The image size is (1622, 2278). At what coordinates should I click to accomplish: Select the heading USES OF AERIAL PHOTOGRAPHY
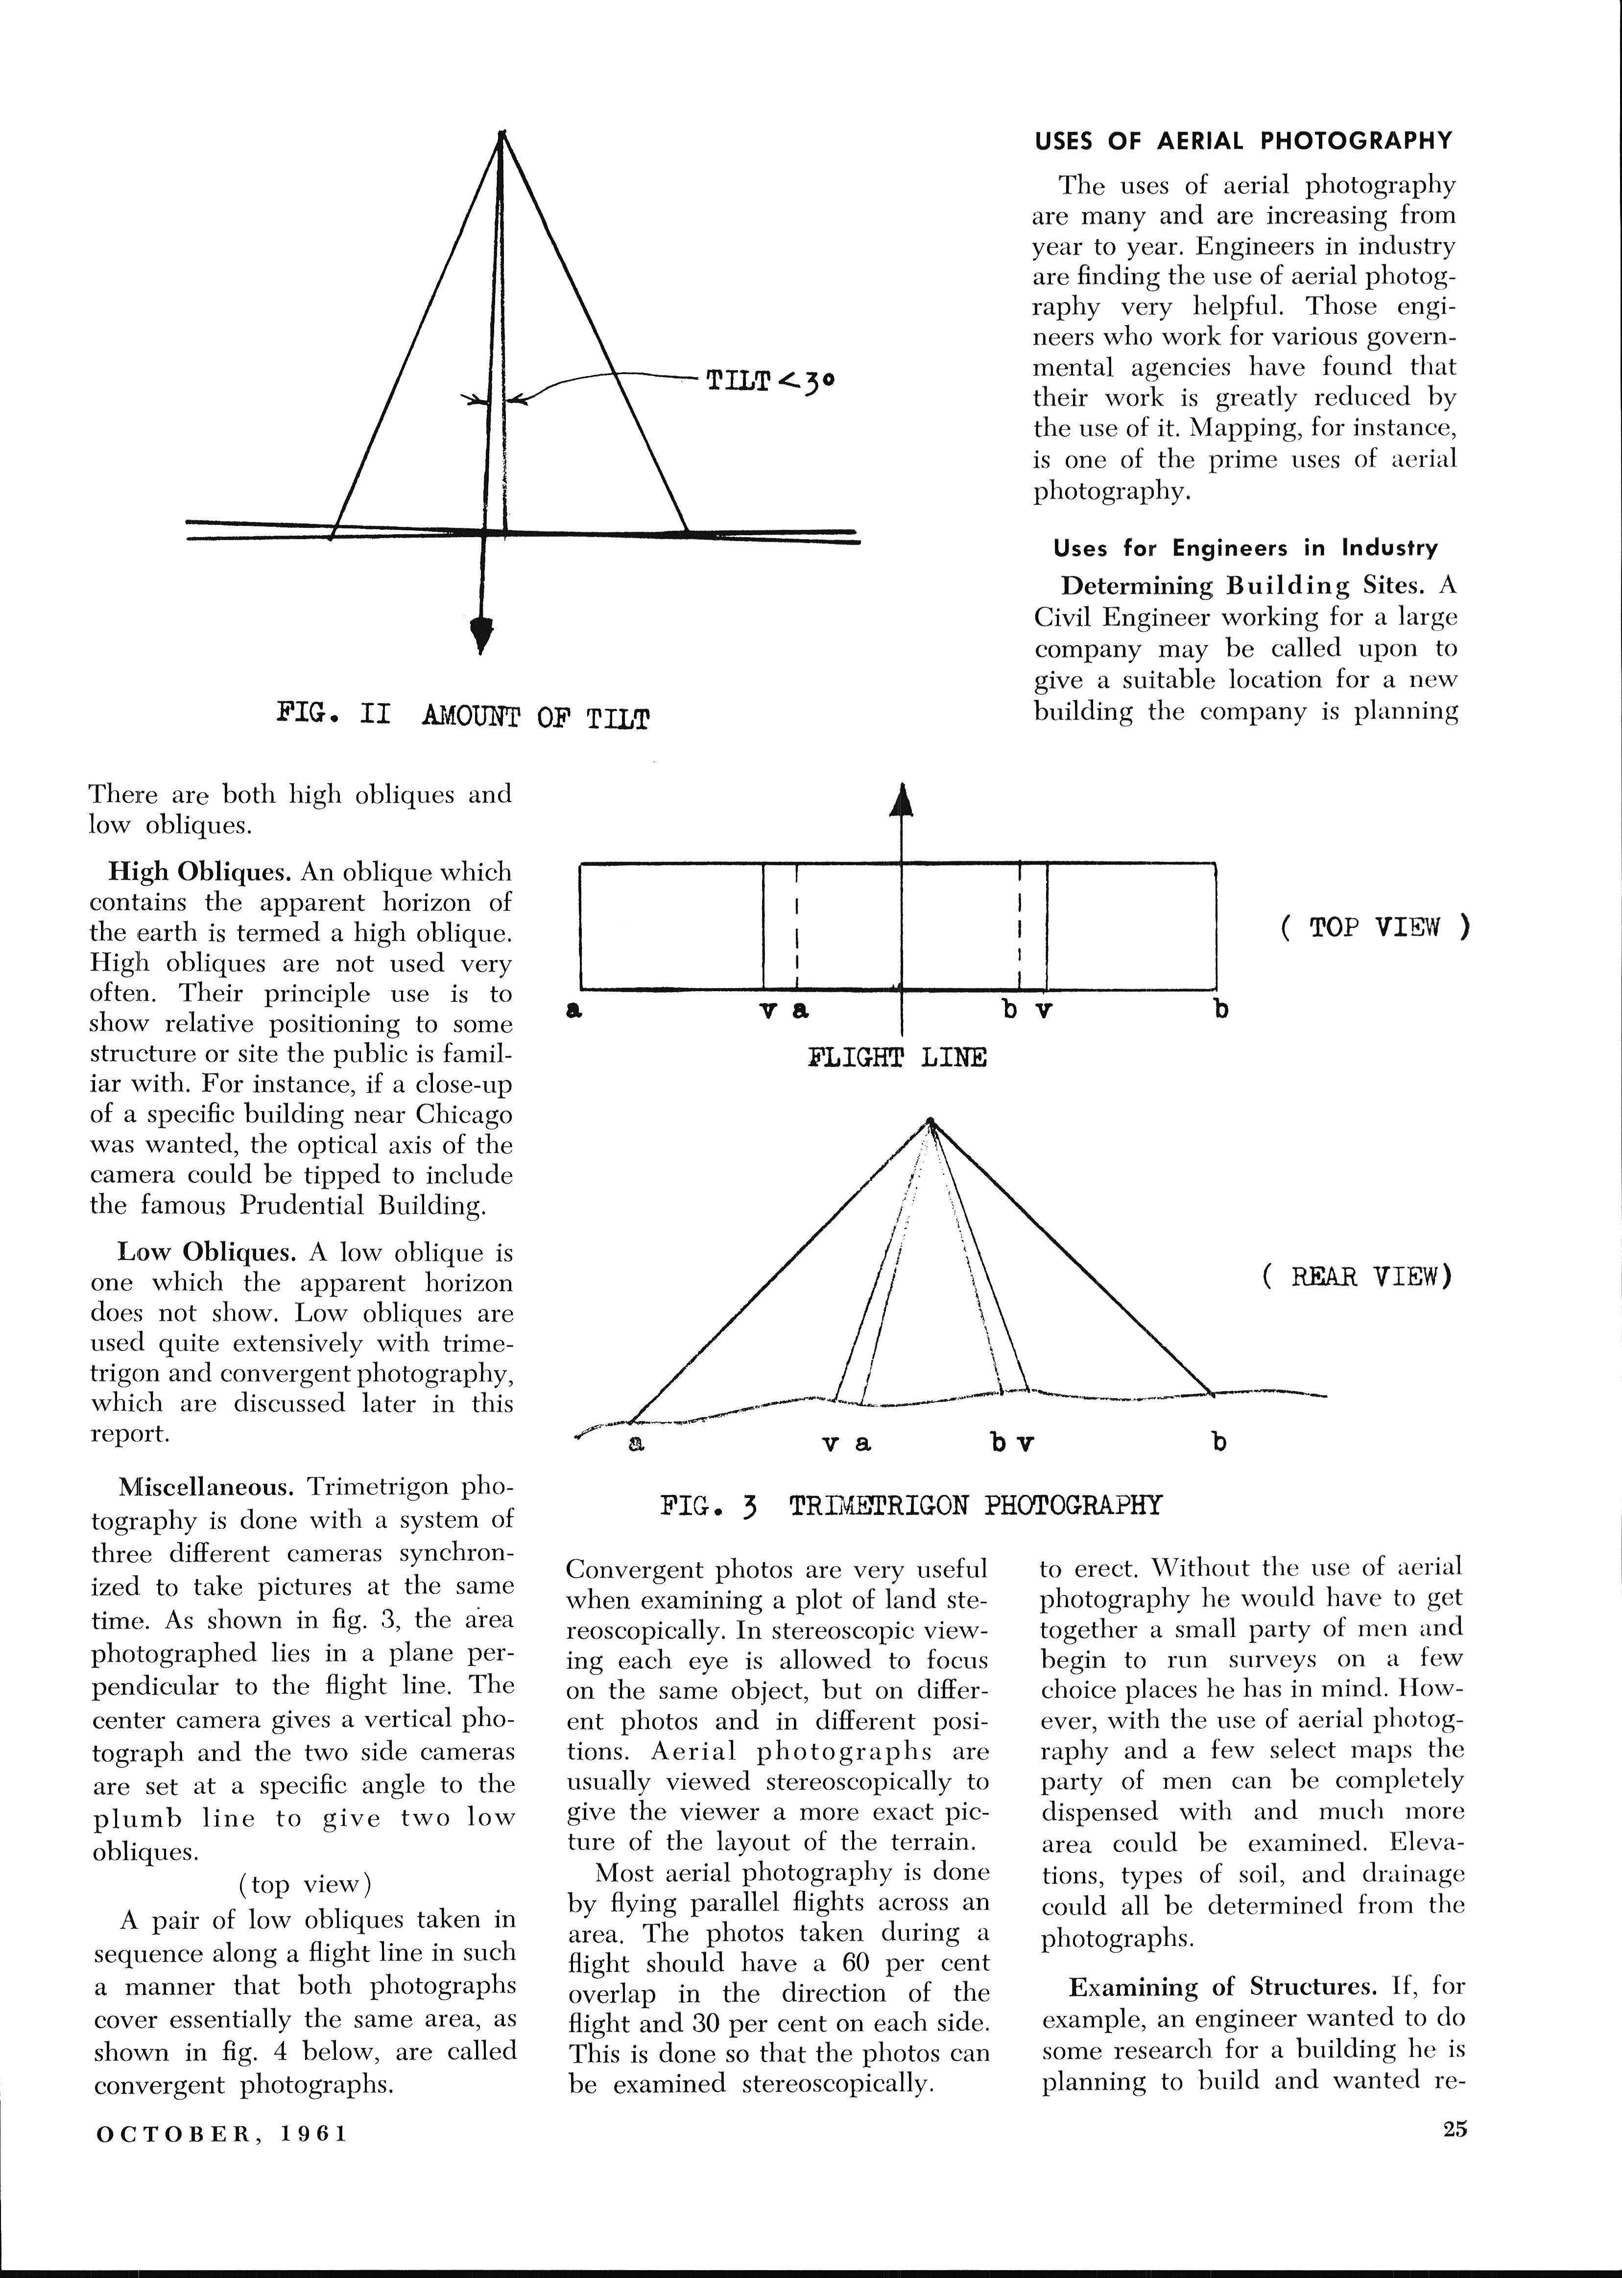pyautogui.click(x=1242, y=141)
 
